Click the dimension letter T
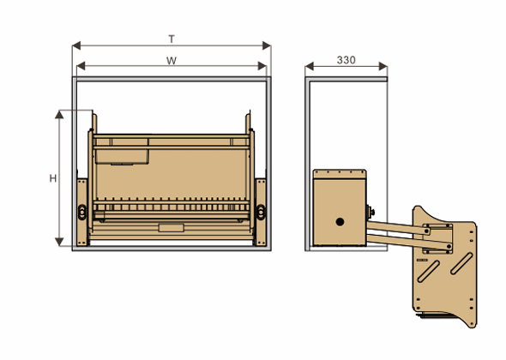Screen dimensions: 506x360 pos(172,39)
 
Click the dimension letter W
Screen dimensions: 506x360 pos(172,61)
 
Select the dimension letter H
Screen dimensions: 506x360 pos(53,178)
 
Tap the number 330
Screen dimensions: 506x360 pos(346,60)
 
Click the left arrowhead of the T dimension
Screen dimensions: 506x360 pos(76,45)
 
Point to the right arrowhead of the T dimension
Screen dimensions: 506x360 pos(267,45)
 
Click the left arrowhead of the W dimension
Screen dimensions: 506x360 pos(81,66)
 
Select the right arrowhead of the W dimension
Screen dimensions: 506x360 pos(262,66)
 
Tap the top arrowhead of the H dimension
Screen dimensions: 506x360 pos(59,115)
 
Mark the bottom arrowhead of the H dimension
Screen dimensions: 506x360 pos(59,242)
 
